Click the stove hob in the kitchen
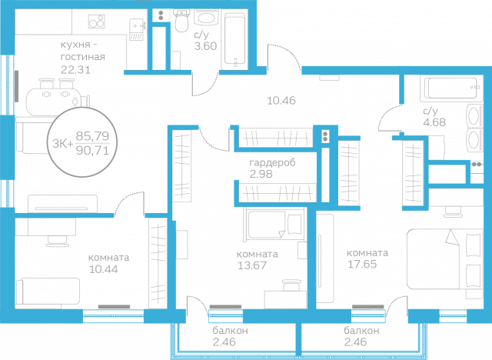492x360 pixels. click(96, 22)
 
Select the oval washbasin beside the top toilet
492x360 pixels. click(205, 18)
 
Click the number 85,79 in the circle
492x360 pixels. click(92, 136)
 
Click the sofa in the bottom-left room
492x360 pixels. click(48, 292)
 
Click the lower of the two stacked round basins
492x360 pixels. click(472, 141)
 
